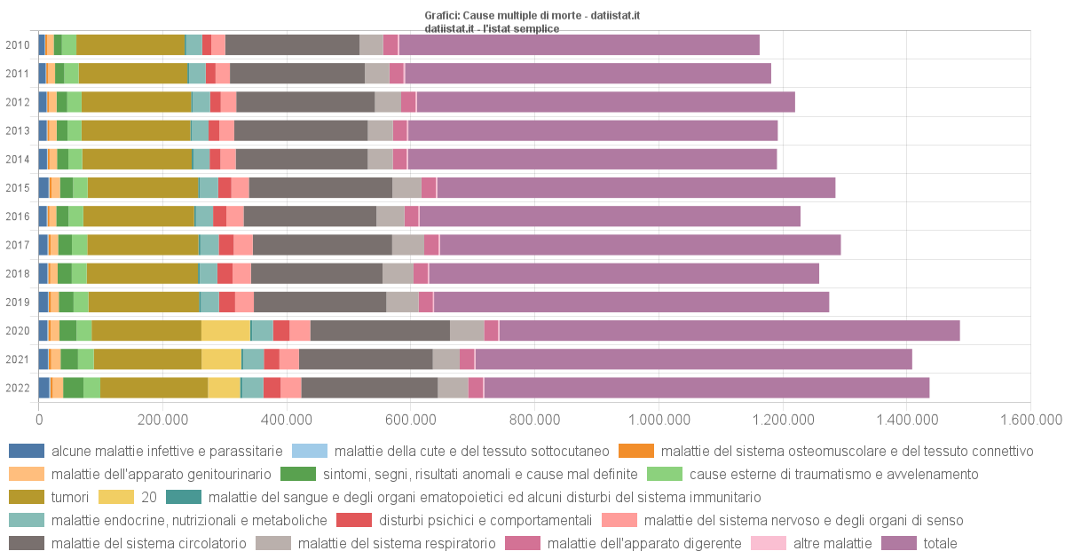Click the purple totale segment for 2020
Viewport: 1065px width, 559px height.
click(728, 330)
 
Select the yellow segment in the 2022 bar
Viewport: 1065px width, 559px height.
click(224, 388)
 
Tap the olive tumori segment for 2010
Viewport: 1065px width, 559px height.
click(130, 44)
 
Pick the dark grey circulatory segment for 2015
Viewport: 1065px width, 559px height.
click(320, 187)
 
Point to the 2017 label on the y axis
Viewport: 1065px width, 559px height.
click(17, 245)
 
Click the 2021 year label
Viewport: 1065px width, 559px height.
click(17, 359)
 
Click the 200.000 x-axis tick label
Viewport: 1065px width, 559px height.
click(162, 418)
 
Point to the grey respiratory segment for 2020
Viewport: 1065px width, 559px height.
click(467, 330)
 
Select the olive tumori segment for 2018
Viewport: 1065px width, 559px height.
click(143, 273)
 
